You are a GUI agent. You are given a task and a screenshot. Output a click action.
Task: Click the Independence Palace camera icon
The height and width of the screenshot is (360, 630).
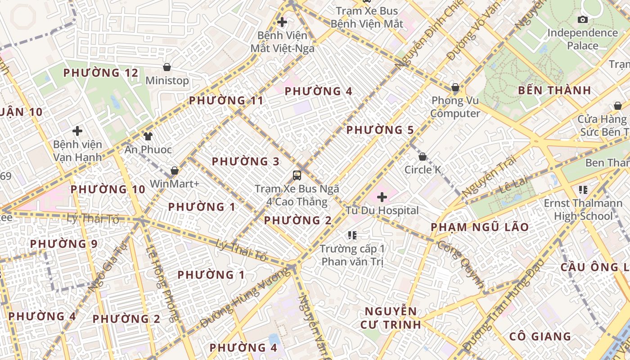click(x=582, y=19)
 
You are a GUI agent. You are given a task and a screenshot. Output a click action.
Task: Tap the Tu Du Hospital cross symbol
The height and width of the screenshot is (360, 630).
click(x=382, y=197)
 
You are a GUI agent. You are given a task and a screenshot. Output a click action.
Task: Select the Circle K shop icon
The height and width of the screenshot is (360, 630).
click(x=423, y=157)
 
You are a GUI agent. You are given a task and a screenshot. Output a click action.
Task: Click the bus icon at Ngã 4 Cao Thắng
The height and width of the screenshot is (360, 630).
click(x=297, y=175)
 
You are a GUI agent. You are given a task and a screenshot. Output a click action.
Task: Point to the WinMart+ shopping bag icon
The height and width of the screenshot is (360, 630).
click(x=174, y=171)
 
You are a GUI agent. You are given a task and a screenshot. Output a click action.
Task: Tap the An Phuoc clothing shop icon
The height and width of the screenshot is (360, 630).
click(x=148, y=136)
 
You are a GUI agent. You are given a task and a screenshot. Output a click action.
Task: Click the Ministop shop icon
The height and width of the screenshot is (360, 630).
click(x=167, y=67)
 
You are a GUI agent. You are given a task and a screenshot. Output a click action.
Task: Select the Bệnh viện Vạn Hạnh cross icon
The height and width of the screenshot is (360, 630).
click(x=77, y=131)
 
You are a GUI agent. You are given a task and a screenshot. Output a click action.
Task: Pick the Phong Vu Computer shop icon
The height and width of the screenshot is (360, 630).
click(x=455, y=87)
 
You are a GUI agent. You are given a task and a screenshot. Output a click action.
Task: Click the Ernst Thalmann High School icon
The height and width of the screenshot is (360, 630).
click(x=583, y=190)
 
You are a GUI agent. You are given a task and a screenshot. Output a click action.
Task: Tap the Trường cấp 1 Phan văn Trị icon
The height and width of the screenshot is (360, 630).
click(x=352, y=235)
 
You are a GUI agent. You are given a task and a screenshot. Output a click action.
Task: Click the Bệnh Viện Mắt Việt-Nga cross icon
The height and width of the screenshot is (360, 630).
click(x=282, y=22)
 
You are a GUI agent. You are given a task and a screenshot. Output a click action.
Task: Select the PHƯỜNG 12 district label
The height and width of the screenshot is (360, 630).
click(x=101, y=73)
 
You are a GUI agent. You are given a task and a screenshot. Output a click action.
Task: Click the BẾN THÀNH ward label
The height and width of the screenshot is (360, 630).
click(x=554, y=90)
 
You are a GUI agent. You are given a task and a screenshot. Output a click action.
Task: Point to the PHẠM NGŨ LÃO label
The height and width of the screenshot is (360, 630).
click(x=480, y=227)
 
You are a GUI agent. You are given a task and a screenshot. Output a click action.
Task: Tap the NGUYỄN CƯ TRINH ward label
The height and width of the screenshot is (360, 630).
click(x=391, y=318)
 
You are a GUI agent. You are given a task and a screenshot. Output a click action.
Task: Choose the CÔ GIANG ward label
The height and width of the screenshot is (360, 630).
click(x=540, y=336)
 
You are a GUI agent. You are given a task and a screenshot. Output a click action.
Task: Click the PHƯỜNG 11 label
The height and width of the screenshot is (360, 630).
click(x=226, y=100)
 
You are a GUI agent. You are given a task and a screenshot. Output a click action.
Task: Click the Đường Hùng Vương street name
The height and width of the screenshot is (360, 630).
click(x=246, y=298)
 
